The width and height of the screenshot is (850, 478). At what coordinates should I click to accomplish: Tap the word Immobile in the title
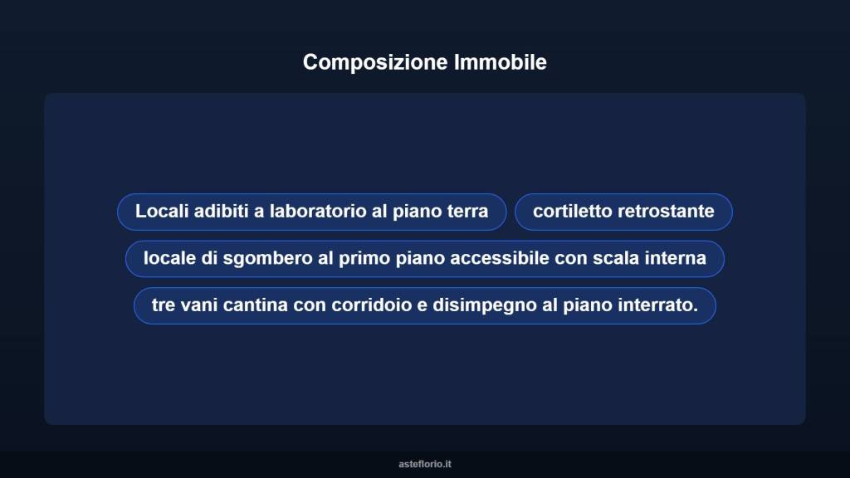click(501, 62)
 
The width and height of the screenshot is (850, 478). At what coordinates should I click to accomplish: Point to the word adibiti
click(221, 212)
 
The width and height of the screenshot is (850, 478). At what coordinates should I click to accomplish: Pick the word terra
click(467, 212)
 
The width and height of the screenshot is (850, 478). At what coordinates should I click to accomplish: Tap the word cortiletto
click(574, 212)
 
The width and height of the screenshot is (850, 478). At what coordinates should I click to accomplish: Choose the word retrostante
click(668, 212)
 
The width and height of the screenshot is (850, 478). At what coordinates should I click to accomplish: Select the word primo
click(363, 259)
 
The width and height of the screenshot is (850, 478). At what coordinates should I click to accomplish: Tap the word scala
click(615, 259)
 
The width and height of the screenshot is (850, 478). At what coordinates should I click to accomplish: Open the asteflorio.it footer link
click(425, 464)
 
